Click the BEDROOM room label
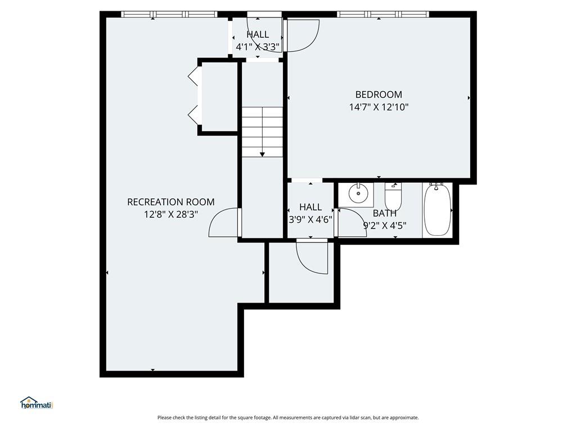pyautogui.click(x=379, y=94)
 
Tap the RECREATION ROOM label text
pyautogui.click(x=171, y=202)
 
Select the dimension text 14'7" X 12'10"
pyautogui.click(x=379, y=107)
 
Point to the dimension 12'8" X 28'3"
pyautogui.click(x=171, y=214)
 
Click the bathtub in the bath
pyautogui.click(x=437, y=210)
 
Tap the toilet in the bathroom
pyautogui.click(x=393, y=196)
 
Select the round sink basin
pyautogui.click(x=357, y=193)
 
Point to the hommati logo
pyautogui.click(x=37, y=403)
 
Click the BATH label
pyautogui.click(x=385, y=213)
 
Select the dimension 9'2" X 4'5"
pyautogui.click(x=385, y=226)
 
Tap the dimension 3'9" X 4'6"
pyautogui.click(x=310, y=220)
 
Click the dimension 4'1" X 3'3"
pyautogui.click(x=258, y=47)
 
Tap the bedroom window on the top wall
pyautogui.click(x=383, y=14)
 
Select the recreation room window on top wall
pyautogui.click(x=169, y=14)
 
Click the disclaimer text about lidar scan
pyautogui.click(x=288, y=418)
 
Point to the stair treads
pyautogui.click(x=262, y=132)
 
